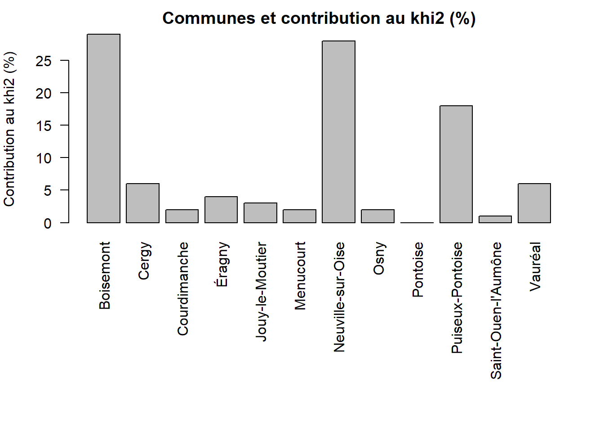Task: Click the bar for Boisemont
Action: [x=103, y=128]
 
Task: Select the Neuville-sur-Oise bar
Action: [x=338, y=132]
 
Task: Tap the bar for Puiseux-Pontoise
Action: [x=456, y=164]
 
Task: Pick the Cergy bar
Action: [x=142, y=203]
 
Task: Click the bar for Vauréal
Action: [x=534, y=203]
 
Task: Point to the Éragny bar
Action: [x=221, y=210]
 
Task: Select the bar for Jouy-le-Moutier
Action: [x=260, y=213]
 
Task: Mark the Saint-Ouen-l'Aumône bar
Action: [x=495, y=220]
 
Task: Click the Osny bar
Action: [x=377, y=216]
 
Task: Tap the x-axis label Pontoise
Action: [x=417, y=270]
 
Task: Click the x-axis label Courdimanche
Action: [x=182, y=288]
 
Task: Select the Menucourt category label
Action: [x=300, y=276]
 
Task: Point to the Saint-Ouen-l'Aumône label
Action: [x=495, y=310]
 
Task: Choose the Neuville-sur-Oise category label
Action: [x=339, y=297]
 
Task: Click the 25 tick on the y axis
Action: [x=44, y=61]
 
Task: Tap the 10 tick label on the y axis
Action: [x=44, y=158]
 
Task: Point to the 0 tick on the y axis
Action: [x=48, y=223]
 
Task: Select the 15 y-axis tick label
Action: [x=44, y=126]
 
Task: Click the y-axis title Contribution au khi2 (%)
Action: [x=9, y=129]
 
